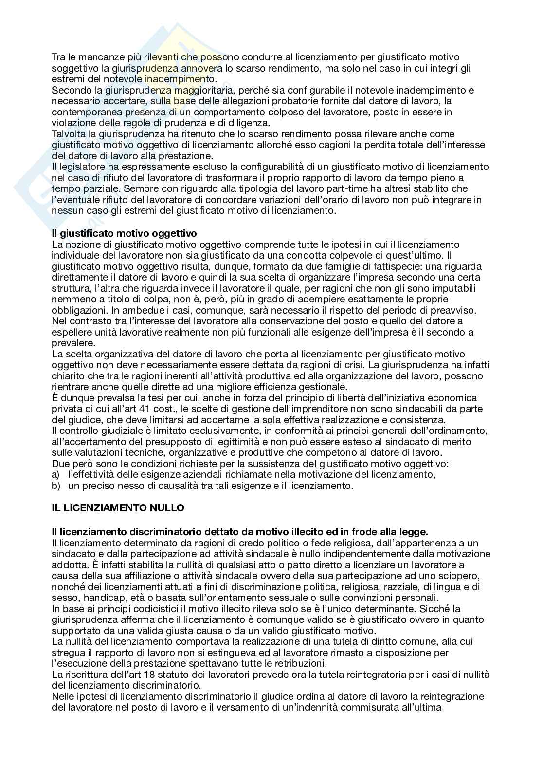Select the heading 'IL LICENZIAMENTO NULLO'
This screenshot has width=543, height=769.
118,508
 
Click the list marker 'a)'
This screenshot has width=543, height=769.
55,474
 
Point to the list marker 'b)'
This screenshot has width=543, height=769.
55,486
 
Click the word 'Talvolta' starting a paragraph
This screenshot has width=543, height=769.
69,134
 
